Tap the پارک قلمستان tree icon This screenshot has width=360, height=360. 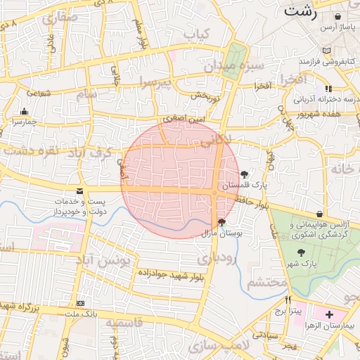tap(244, 174)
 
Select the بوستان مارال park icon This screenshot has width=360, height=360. tap(222, 222)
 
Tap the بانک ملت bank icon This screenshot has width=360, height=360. tap(81, 303)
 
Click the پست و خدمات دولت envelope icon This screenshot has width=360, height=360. tap(79, 191)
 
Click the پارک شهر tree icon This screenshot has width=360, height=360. tap(301, 253)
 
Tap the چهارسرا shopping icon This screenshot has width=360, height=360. tap(25, 111)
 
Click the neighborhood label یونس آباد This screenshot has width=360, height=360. tap(105, 261)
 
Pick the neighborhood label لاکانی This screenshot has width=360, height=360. tap(216, 141)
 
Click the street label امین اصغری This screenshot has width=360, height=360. tap(186, 120)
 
